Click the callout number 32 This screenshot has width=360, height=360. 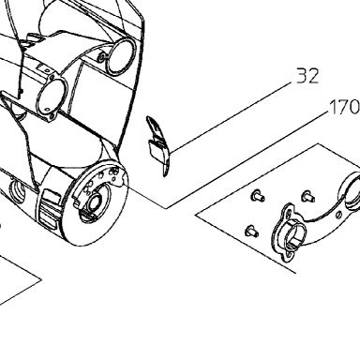point(307,76)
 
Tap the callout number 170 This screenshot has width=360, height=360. point(345,107)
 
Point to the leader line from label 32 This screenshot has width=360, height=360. point(232,117)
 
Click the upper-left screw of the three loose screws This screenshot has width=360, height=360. point(258,196)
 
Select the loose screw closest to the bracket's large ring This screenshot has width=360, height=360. point(308,196)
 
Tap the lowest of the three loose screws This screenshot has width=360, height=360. point(251,231)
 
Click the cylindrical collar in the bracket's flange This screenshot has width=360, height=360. point(292,233)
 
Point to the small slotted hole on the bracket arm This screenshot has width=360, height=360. point(338,215)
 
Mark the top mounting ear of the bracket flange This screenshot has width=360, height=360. point(288,210)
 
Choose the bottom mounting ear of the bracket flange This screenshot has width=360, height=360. point(288,256)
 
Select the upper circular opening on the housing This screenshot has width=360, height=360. point(121,57)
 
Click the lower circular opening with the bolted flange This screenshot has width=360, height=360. point(52,97)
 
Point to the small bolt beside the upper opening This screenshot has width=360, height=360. point(102,57)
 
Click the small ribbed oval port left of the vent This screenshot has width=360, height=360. point(18,189)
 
